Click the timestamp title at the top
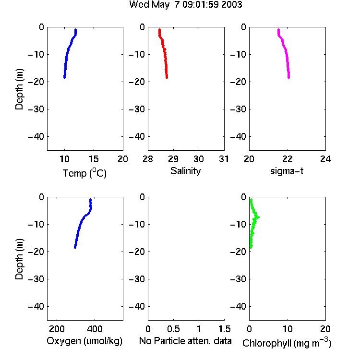click(185, 4)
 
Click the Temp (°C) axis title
click(84, 173)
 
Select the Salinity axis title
click(185, 171)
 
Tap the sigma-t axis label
click(287, 171)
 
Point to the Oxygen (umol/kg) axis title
click(84, 341)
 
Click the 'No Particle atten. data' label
click(185, 341)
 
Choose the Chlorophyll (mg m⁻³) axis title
click(287, 343)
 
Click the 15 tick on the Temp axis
click(94, 159)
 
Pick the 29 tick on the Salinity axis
click(173, 159)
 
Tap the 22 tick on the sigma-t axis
click(288, 159)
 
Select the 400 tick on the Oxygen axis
click(95, 329)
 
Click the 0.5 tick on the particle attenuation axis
click(173, 329)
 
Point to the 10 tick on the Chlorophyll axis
click(288, 329)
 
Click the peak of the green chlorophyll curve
click(259, 217)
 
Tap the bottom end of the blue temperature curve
click(64, 78)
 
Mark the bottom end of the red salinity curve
click(167, 78)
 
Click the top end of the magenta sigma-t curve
click(278, 29)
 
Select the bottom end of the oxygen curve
click(75, 247)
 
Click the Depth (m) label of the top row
click(19, 89)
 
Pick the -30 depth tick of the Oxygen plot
click(36, 279)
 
